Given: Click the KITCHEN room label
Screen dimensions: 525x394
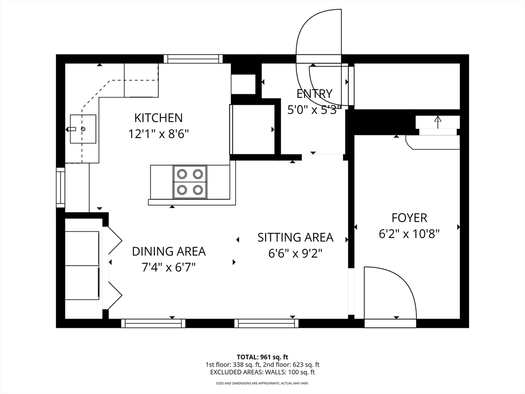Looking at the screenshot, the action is coord(158,118).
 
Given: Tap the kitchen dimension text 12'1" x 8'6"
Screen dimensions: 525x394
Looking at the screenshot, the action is coord(158,134).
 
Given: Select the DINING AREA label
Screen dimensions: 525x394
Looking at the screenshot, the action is coord(169,251).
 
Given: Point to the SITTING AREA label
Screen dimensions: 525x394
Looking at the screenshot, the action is coord(295,238).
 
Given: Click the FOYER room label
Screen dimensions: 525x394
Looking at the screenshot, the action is coord(409,218).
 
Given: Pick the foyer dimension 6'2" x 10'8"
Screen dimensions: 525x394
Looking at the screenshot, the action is coord(409,233).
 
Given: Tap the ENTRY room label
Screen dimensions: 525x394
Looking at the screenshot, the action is coord(314,93).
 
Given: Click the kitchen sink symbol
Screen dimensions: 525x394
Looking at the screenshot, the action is coord(83,129).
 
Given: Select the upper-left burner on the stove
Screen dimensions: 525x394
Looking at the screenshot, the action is coord(182,174).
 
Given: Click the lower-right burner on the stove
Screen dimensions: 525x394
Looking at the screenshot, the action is coord(198,190).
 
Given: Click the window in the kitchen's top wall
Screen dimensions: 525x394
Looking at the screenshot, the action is coord(193,59).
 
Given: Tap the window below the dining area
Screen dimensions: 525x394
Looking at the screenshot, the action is coord(153,323).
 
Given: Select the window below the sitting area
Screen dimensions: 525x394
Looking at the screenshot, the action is coord(266,323).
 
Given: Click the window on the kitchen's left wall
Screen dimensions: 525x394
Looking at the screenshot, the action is coord(60,187).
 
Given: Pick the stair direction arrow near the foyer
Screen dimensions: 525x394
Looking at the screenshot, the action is coord(438,122).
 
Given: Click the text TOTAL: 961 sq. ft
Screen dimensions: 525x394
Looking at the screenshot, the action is coord(262,357).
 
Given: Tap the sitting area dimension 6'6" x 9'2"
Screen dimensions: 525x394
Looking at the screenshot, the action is coord(295,253).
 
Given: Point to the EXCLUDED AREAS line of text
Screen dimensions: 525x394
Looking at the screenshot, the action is coord(262,372).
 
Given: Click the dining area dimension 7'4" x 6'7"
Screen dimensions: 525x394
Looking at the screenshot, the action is coord(169,267).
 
